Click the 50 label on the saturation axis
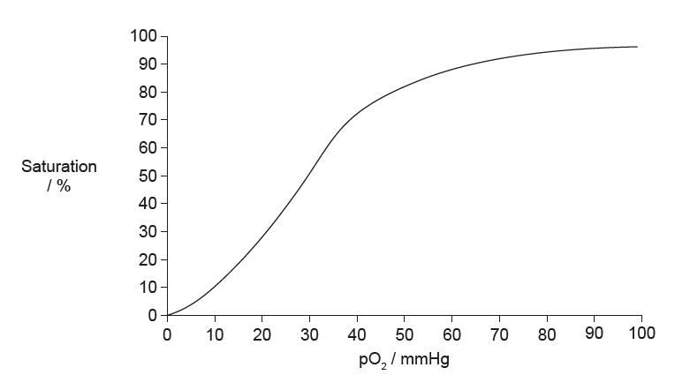pyautogui.click(x=148, y=176)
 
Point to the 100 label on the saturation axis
pyautogui.click(x=144, y=36)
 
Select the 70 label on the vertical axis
pyautogui.click(x=148, y=120)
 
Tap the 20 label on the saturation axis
pyautogui.click(x=148, y=259)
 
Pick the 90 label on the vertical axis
pyautogui.click(x=148, y=64)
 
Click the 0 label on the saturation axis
pyautogui.click(x=152, y=315)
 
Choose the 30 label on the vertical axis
pyautogui.click(x=148, y=231)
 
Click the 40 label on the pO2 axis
pyautogui.click(x=357, y=334)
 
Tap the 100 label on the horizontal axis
pyautogui.click(x=642, y=334)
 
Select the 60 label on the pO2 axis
pyautogui.click(x=452, y=334)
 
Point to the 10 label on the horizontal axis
pyautogui.click(x=215, y=334)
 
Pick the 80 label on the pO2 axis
pyautogui.click(x=548, y=334)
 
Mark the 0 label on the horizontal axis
pyautogui.click(x=168, y=334)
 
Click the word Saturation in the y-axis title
pyautogui.click(x=59, y=166)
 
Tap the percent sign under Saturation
pyautogui.click(x=64, y=184)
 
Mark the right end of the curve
pyautogui.click(x=637, y=47)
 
